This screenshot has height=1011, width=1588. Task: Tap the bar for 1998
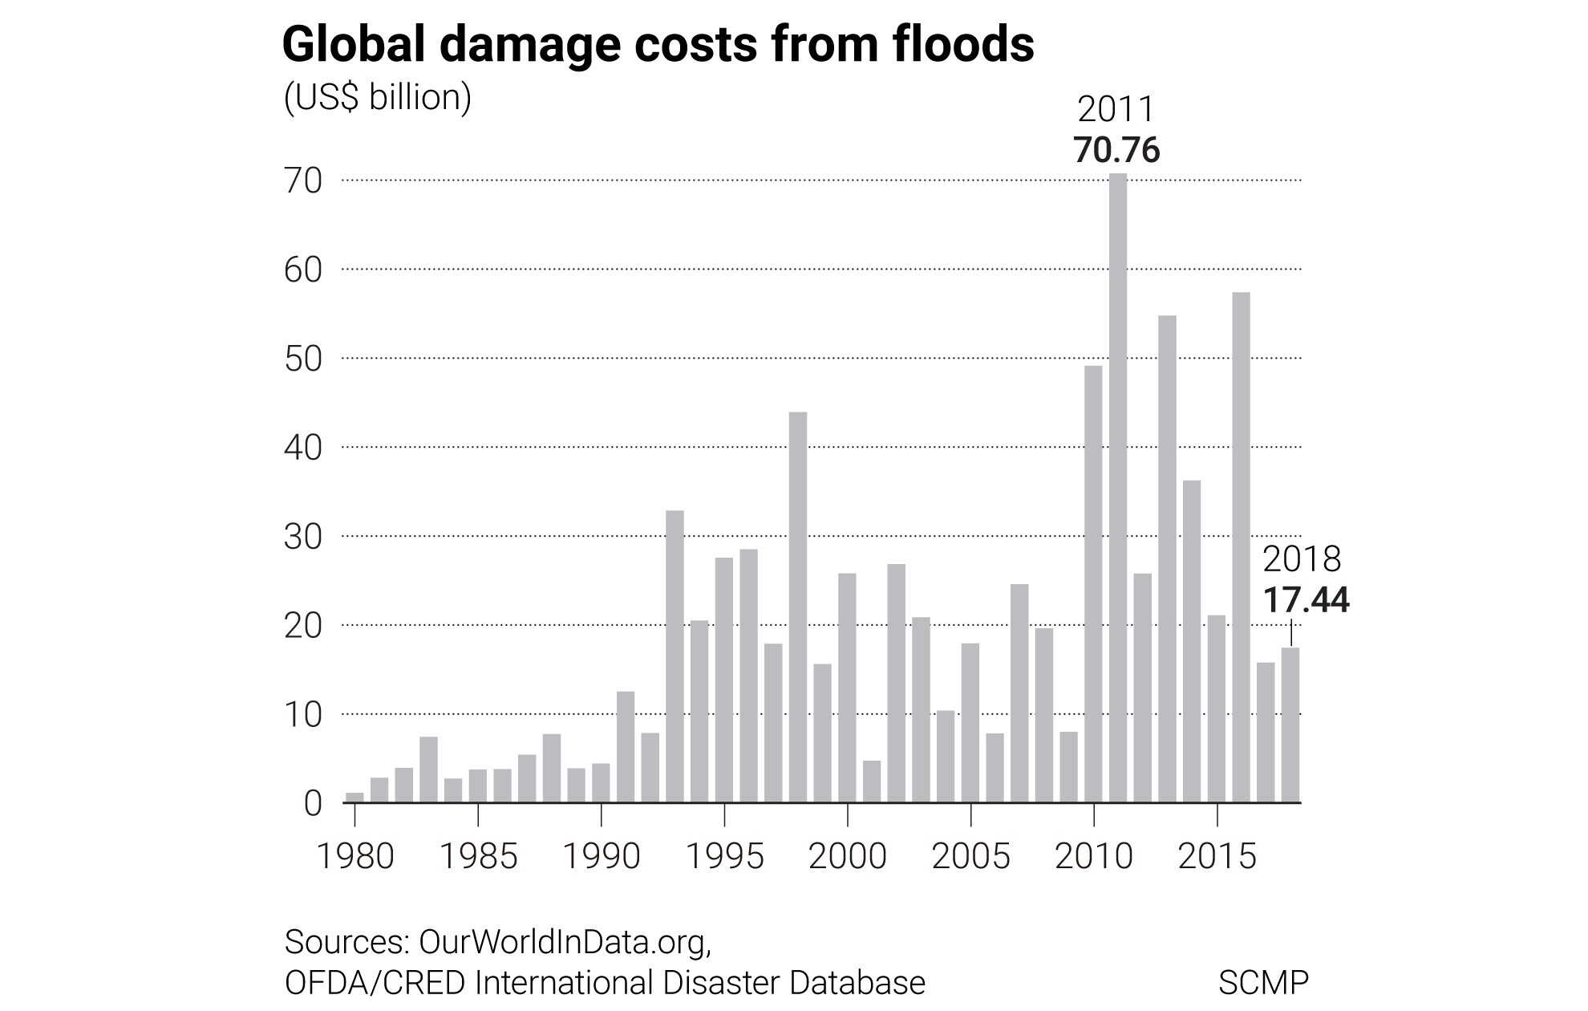click(x=798, y=607)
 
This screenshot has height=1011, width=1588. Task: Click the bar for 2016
click(x=1241, y=547)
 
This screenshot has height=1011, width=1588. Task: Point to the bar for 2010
click(x=1093, y=584)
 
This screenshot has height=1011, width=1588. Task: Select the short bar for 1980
click(x=354, y=798)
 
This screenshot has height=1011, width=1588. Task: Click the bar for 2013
click(x=1167, y=559)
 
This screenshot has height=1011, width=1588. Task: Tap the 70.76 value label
click(x=1117, y=150)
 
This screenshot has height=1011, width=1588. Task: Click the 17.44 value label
click(x=1306, y=600)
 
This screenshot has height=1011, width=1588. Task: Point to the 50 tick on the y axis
click(x=303, y=359)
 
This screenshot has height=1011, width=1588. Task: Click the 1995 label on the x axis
click(x=725, y=856)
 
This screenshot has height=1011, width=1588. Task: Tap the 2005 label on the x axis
click(x=971, y=856)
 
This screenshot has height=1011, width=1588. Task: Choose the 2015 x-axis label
click(x=1217, y=856)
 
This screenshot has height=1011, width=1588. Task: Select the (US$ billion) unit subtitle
click(x=378, y=98)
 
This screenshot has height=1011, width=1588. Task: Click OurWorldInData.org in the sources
click(x=565, y=942)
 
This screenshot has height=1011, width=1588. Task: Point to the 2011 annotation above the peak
click(x=1116, y=109)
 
